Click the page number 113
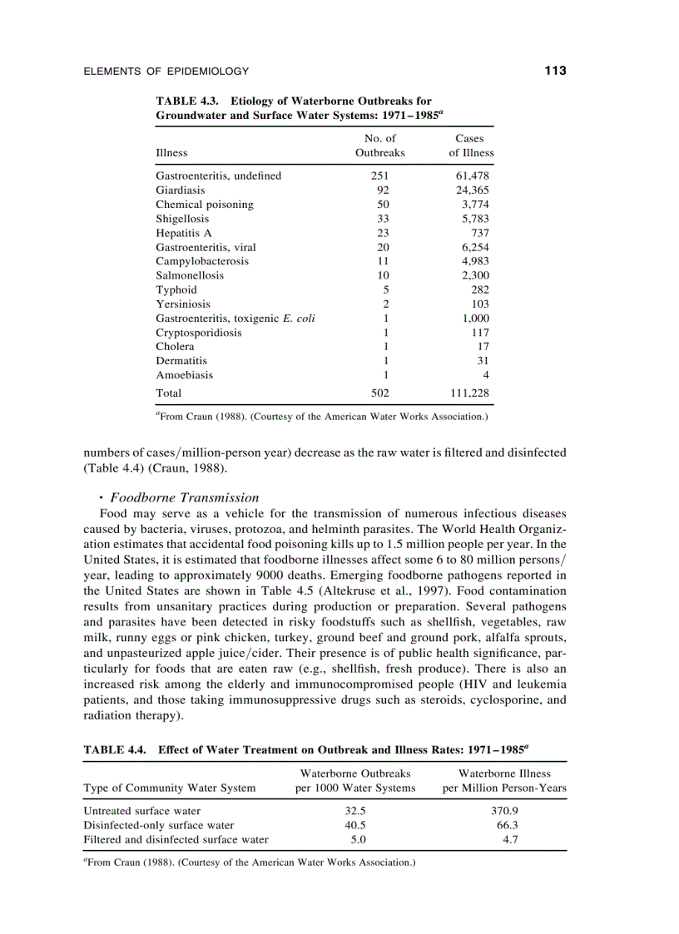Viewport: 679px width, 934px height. [x=555, y=72]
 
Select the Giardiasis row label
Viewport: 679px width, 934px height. [x=181, y=190]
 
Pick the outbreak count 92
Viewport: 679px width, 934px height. [x=383, y=190]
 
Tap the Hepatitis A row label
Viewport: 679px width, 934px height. [x=184, y=233]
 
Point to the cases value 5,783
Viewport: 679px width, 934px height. [x=475, y=219]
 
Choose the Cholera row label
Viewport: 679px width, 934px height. [x=175, y=346]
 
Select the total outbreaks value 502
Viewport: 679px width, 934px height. [x=379, y=393]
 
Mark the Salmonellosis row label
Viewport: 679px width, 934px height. [x=190, y=275]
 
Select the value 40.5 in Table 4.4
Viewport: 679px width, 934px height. [x=355, y=825]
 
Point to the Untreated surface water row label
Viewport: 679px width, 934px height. [x=142, y=810]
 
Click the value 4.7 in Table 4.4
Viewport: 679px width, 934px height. [x=511, y=839]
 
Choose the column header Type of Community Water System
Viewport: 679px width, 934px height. [x=170, y=788]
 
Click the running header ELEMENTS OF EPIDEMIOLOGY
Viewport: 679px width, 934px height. [x=166, y=72]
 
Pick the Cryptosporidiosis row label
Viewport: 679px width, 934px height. [x=199, y=332]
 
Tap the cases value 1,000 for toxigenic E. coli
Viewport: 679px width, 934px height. [x=475, y=318]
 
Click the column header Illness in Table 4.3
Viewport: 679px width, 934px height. [x=171, y=153]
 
